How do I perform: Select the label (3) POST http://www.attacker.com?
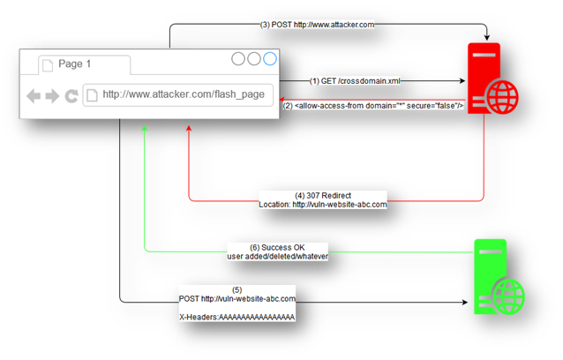[x=317, y=25]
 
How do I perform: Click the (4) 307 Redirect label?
[x=323, y=199]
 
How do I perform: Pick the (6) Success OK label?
[x=277, y=251]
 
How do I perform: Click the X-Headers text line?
[x=236, y=316]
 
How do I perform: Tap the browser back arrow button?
[x=34, y=95]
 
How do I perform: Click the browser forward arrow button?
[x=52, y=95]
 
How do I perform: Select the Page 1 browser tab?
[x=74, y=64]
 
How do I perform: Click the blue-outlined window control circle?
[x=270, y=59]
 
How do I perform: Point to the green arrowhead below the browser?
[x=145, y=129]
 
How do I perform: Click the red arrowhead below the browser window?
[x=189, y=129]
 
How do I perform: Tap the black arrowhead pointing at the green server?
[x=463, y=304]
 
